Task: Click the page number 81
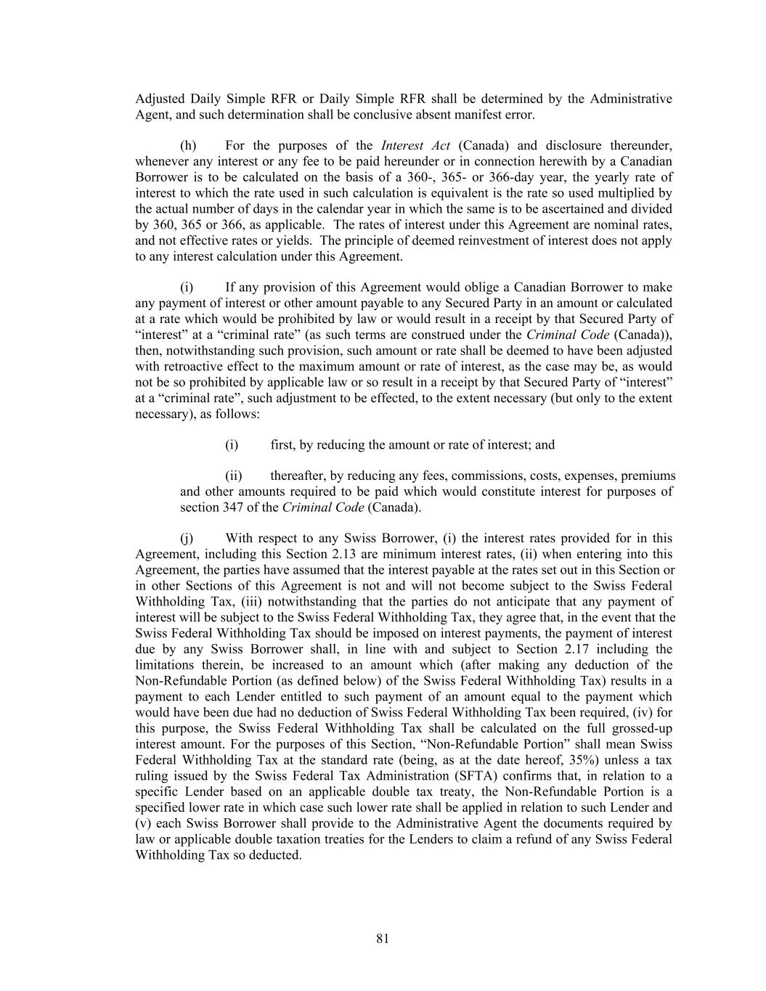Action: click(x=383, y=939)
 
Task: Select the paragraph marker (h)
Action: click(x=188, y=146)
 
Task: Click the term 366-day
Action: click(x=536, y=177)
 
